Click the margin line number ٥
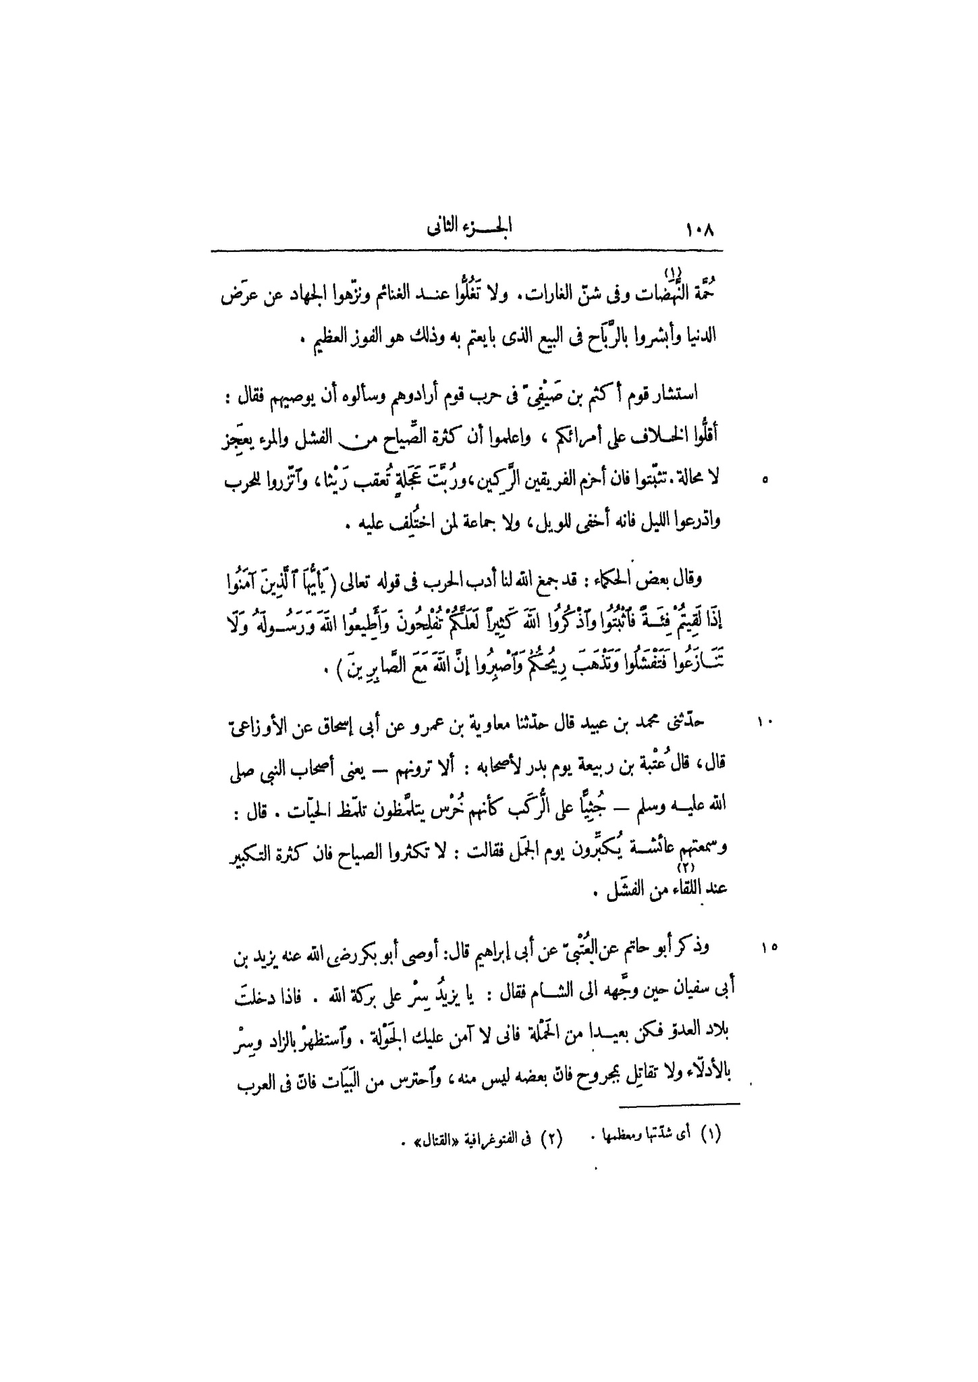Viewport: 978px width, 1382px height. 764,481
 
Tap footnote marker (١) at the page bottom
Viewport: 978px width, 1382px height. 709,1136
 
